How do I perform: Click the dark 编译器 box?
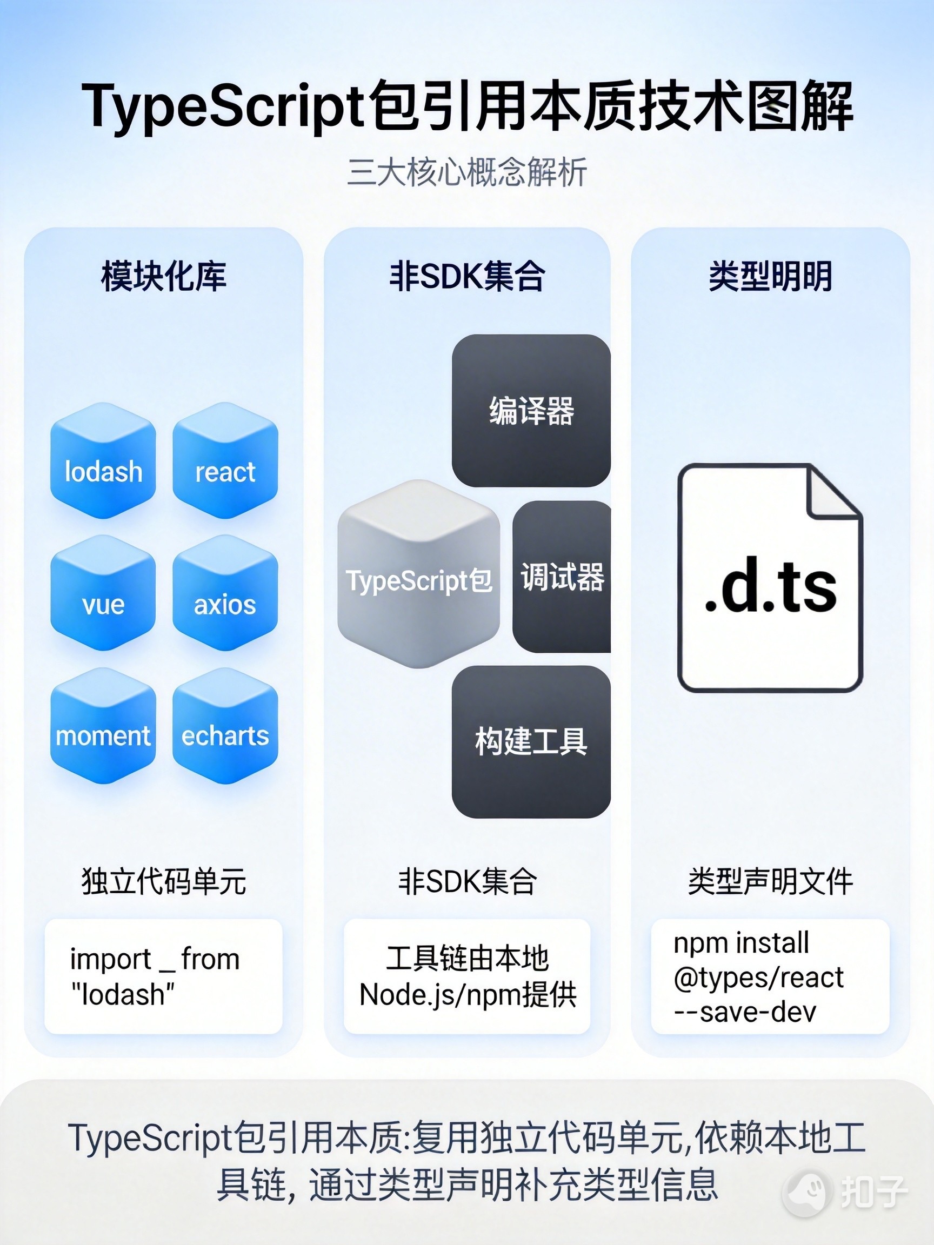(x=531, y=411)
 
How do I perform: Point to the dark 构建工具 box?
(x=531, y=742)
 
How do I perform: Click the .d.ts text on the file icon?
(x=770, y=588)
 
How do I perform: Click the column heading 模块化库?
(x=163, y=276)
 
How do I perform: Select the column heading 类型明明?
(x=770, y=276)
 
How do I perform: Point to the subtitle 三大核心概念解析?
(x=466, y=172)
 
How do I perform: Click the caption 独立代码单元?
(x=163, y=881)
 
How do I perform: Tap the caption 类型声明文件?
(x=770, y=881)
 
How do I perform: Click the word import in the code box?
(x=110, y=959)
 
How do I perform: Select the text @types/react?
(x=758, y=978)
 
